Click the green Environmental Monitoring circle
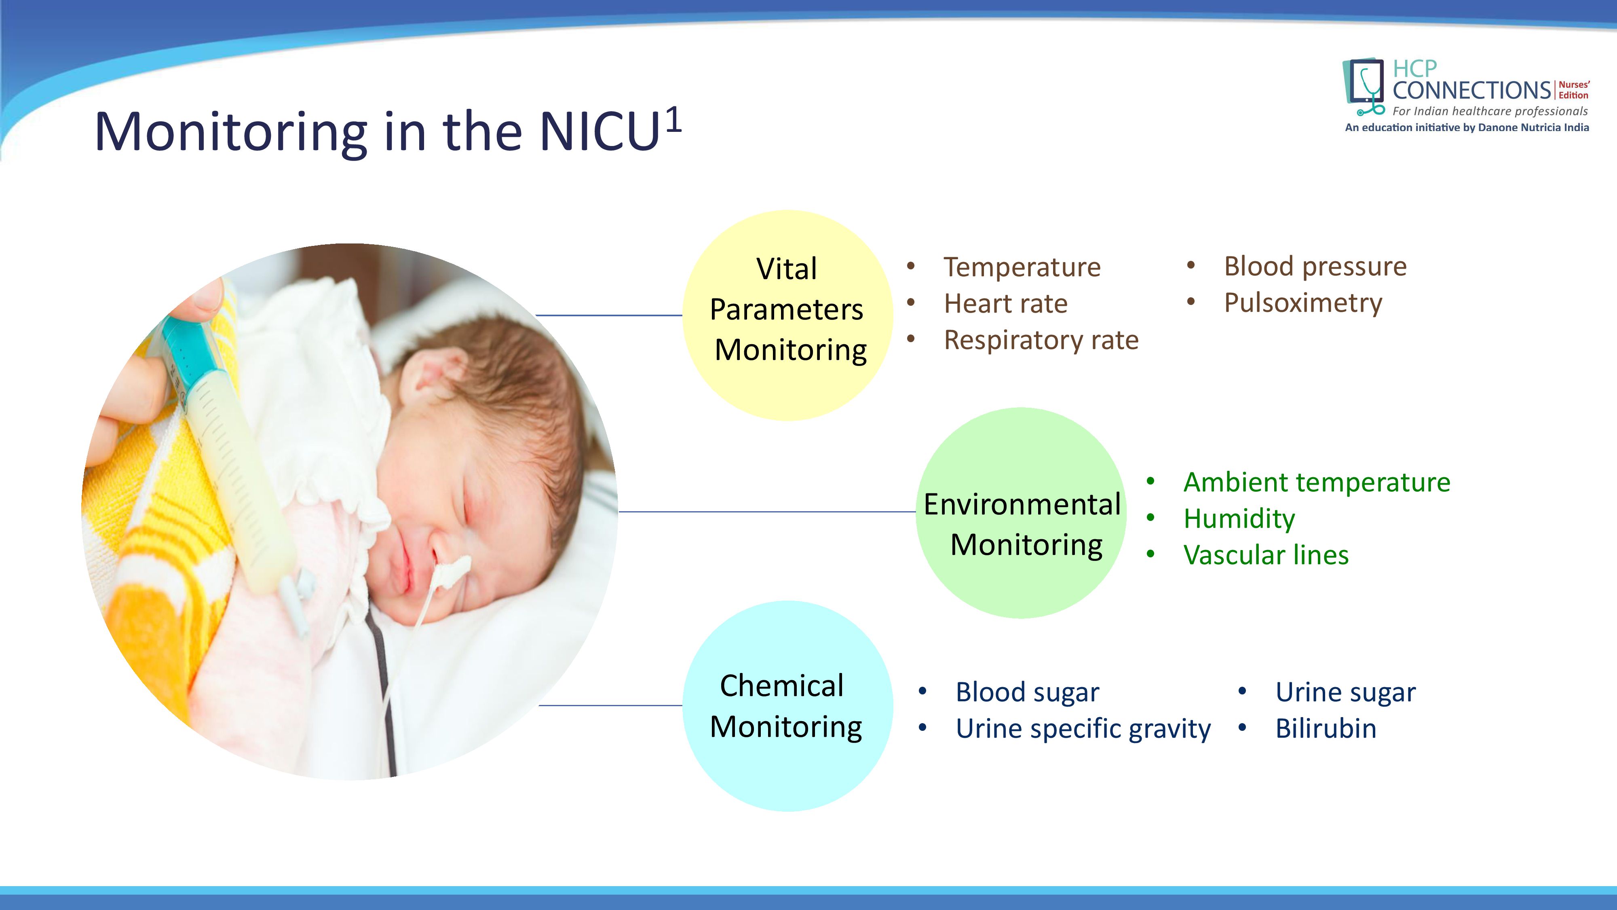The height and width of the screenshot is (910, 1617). [1021, 512]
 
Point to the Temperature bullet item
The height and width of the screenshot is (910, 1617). [1022, 267]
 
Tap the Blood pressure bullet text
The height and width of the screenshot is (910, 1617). [1315, 266]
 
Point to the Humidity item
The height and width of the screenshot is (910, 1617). [1239, 519]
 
